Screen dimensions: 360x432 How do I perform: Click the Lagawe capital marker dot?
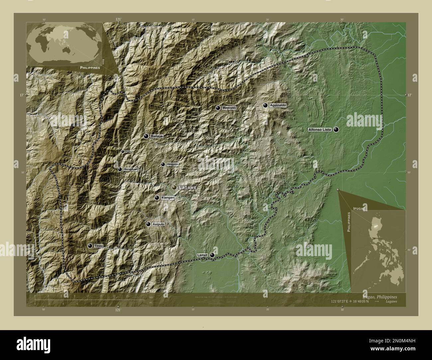coord(174,188)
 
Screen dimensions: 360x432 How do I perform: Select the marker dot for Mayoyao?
coord(218,108)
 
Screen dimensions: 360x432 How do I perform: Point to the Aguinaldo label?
coord(277,105)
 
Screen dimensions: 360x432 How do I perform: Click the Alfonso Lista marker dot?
coord(336,130)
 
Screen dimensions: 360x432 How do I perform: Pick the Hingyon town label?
coord(172,164)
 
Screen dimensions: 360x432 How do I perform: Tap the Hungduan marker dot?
coord(120,169)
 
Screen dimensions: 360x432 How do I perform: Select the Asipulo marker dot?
coord(148,224)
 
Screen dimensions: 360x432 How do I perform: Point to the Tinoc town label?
coord(99,246)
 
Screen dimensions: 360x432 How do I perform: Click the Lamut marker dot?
coord(212,255)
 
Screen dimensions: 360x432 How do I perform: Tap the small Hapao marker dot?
coord(123,152)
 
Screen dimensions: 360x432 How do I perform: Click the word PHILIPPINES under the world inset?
coord(90,67)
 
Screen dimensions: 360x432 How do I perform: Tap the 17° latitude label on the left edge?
coord(21,95)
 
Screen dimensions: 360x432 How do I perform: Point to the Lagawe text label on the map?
coord(188,188)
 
